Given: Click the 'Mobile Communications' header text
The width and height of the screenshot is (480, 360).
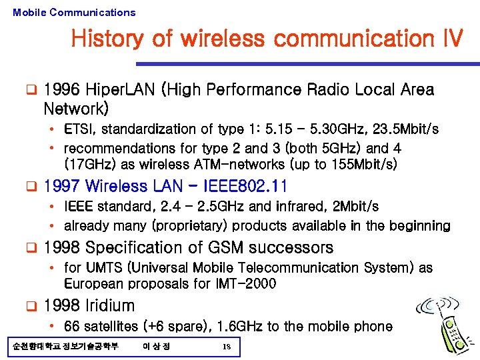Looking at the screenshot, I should pyautogui.click(x=74, y=12).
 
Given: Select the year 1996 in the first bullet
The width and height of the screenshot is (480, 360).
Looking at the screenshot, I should pyautogui.click(x=62, y=90).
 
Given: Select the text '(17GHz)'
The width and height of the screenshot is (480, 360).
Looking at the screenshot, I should pyautogui.click(x=87, y=163).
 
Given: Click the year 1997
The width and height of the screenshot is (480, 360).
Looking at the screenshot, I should pyautogui.click(x=62, y=187).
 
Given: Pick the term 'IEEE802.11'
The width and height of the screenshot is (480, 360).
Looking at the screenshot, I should pyautogui.click(x=247, y=187).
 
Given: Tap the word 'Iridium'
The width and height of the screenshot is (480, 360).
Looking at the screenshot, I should pyautogui.click(x=111, y=306).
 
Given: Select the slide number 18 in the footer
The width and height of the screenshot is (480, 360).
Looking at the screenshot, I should pyautogui.click(x=227, y=347).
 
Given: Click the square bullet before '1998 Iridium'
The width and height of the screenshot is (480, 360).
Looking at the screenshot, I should pyautogui.click(x=30, y=307).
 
